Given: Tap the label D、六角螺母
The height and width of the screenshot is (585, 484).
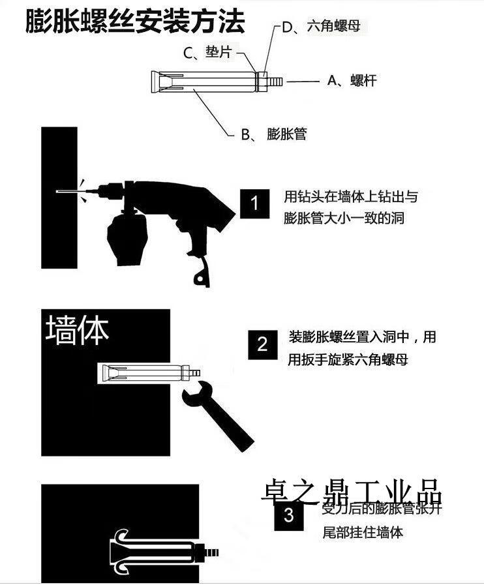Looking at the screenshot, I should click(x=321, y=27).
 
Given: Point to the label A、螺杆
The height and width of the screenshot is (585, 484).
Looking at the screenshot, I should click(x=352, y=81).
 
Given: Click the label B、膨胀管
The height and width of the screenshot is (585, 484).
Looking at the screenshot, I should click(x=273, y=134).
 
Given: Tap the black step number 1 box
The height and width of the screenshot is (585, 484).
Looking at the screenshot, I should click(x=255, y=203).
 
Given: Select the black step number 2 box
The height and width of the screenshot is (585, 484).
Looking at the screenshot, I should click(x=262, y=344).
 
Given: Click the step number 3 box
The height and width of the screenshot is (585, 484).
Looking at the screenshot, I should click(x=289, y=516).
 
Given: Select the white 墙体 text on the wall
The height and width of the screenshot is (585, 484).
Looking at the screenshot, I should click(x=77, y=331).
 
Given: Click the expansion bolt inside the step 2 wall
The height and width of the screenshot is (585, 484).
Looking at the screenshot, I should click(x=147, y=373).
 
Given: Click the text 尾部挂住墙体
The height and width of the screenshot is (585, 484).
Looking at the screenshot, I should click(x=363, y=532).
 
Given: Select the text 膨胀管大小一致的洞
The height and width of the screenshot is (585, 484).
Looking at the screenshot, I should click(x=344, y=218).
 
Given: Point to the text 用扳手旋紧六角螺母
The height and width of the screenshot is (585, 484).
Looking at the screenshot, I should click(x=348, y=359).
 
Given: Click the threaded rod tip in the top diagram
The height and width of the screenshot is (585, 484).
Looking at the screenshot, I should click(x=275, y=82).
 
